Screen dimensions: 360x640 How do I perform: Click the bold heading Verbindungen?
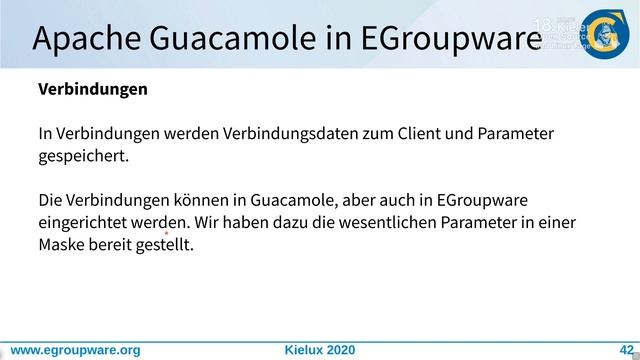pyautogui.click(x=93, y=89)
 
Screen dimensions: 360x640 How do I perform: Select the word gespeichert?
pyautogui.click(x=84, y=156)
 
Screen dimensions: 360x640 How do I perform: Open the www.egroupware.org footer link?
pyautogui.click(x=75, y=350)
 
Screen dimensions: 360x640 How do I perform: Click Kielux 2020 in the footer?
pyautogui.click(x=320, y=350)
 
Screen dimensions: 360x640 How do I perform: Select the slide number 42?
pyautogui.click(x=612, y=350)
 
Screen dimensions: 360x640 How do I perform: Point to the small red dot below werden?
pyautogui.click(x=166, y=232)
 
